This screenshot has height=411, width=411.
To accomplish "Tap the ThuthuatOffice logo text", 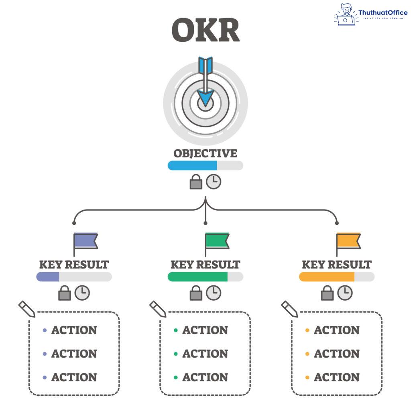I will pos(383,13).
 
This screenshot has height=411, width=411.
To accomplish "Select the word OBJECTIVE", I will pos(205,154).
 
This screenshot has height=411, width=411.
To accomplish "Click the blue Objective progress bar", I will pos(193,165).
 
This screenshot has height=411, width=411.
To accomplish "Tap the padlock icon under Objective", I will pos(196,182).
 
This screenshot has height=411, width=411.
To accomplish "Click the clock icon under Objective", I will pos(214,182).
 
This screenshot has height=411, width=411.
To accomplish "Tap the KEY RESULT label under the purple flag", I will pos(74,265).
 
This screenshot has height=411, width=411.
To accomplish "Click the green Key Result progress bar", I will pos(197,277).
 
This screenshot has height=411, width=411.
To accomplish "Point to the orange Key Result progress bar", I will pos(327,277).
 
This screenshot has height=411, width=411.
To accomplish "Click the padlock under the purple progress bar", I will pos(65,293).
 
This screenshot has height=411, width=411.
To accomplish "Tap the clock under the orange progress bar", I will pos(345,293).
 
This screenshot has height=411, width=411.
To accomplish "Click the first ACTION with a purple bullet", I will pos(74,330).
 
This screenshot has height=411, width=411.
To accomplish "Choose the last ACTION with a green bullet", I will pos(205,378).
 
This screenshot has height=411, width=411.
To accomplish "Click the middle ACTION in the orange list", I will pos(336,354).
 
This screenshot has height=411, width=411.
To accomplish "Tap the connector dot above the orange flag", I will pos(337,223).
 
